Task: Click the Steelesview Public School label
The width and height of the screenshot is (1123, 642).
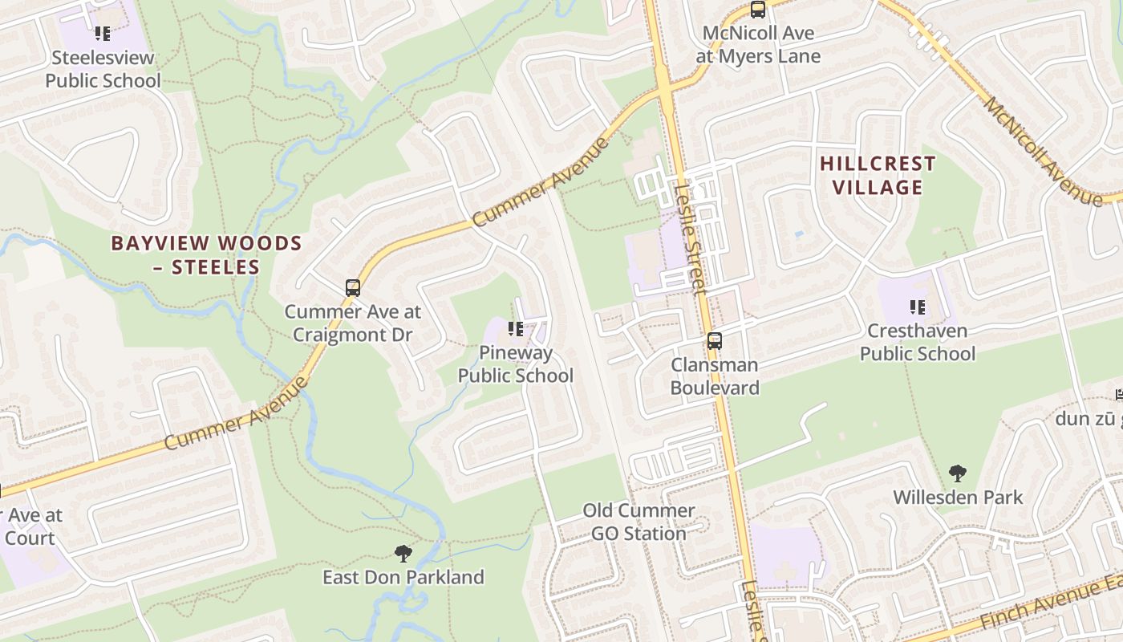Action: [103, 69]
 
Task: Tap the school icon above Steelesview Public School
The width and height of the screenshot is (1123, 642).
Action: [103, 34]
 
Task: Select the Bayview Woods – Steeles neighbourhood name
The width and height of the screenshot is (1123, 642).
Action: [206, 254]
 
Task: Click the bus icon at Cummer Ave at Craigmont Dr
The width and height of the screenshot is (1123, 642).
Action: [352, 287]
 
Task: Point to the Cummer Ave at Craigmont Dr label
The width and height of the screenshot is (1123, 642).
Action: [352, 323]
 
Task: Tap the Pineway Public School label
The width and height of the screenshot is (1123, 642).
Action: [515, 364]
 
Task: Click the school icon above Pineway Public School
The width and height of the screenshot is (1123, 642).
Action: [516, 329]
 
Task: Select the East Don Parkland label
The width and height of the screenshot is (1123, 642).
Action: [403, 577]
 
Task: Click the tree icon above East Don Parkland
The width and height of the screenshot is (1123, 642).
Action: [403, 553]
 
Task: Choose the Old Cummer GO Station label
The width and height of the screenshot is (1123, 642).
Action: [639, 522]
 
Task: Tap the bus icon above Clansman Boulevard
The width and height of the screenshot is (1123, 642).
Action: [714, 341]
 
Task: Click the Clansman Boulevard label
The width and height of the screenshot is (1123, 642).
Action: [715, 376]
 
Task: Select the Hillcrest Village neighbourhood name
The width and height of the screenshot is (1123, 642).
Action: [878, 176]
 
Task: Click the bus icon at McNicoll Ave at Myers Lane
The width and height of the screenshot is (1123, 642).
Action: [758, 10]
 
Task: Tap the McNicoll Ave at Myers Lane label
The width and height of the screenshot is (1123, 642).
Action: [758, 45]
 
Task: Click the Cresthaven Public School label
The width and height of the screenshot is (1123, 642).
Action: [918, 342]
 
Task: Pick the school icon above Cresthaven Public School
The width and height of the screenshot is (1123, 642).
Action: [918, 307]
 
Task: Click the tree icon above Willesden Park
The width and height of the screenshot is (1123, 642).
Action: [957, 473]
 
